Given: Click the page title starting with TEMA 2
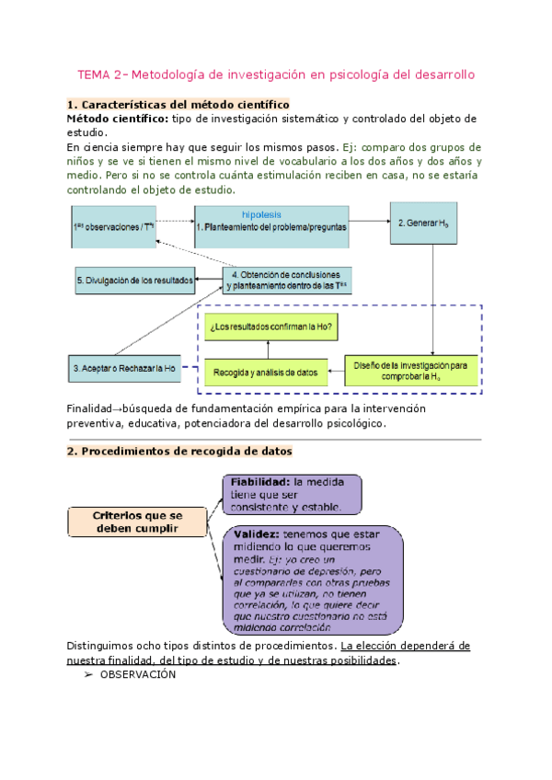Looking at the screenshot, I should click(276, 74).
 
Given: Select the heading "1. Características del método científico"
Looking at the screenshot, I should click(178, 105).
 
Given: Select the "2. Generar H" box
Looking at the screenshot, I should click(424, 222).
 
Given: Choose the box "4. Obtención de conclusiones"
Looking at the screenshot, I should click(291, 280).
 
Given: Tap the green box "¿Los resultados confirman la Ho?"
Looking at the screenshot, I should click(271, 327).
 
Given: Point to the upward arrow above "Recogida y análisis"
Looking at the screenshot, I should click(267, 349).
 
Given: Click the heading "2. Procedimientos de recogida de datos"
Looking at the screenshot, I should click(180, 451).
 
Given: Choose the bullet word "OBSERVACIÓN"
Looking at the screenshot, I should click(137, 674).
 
